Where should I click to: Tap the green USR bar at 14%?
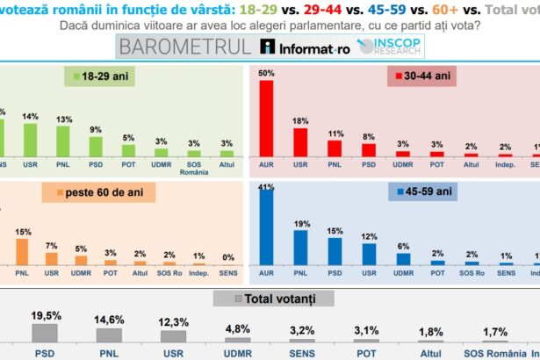30,139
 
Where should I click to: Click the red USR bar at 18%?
300,141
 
